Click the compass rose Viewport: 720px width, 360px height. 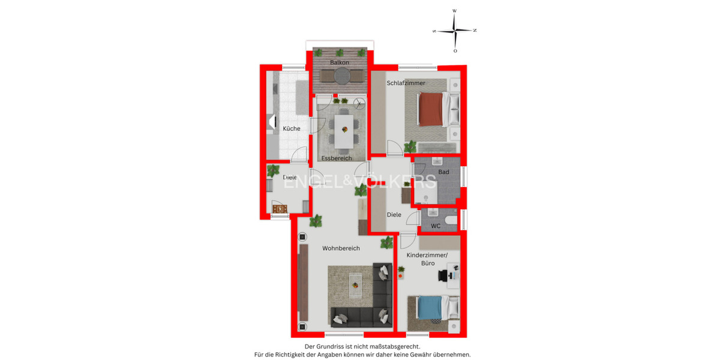click(455, 30)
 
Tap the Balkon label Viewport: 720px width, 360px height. click(340, 62)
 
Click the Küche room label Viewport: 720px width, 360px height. click(292, 128)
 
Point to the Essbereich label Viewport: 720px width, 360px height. click(337, 158)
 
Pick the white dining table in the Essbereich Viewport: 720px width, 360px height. click(344, 131)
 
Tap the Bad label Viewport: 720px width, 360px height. click(443, 172)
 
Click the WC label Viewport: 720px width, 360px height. click(436, 226)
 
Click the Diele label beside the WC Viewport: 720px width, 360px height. click(394, 214)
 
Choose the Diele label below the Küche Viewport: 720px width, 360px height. click(290, 177)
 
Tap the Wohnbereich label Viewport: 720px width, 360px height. click(341, 248)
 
